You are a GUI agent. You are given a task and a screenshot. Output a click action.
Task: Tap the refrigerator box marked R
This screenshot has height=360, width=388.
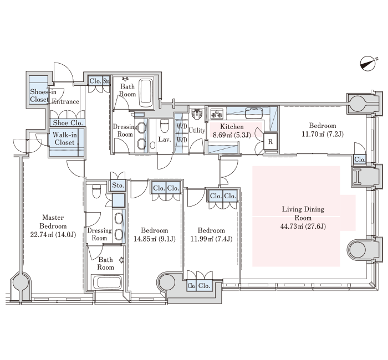(x=270, y=142)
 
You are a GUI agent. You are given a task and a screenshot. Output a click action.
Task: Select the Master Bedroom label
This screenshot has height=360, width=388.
(x=53, y=222)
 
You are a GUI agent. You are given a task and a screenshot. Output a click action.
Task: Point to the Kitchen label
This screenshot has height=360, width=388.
(x=232, y=127)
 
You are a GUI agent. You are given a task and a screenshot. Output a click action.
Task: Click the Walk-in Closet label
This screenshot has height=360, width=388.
(x=65, y=138)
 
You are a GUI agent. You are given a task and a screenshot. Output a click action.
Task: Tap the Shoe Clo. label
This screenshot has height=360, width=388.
(x=68, y=122)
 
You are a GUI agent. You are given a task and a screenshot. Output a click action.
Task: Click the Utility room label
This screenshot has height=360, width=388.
(x=197, y=130)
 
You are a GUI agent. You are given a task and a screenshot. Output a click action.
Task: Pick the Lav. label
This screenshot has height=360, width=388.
(x=165, y=140)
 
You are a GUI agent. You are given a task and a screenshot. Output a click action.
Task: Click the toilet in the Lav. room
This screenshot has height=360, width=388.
(x=164, y=126)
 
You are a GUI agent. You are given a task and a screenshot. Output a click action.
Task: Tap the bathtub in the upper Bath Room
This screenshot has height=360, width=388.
(x=146, y=93)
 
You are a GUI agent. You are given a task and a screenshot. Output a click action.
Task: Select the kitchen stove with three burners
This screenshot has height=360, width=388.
(x=217, y=114)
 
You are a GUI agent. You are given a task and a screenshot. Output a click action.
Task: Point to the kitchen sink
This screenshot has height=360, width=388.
(x=254, y=113)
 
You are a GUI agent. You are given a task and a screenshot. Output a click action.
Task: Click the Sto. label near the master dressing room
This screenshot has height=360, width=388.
(x=118, y=185)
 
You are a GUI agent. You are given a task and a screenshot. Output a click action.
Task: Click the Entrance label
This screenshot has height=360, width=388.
(x=65, y=101)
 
